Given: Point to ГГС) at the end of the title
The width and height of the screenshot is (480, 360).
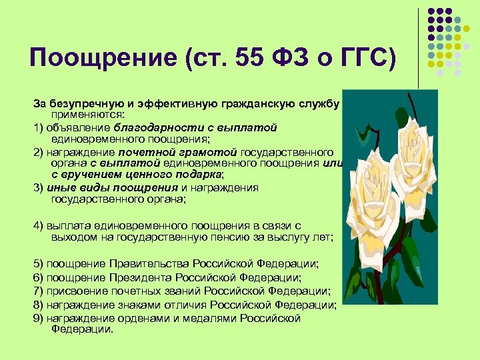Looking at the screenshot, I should click(368, 59).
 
